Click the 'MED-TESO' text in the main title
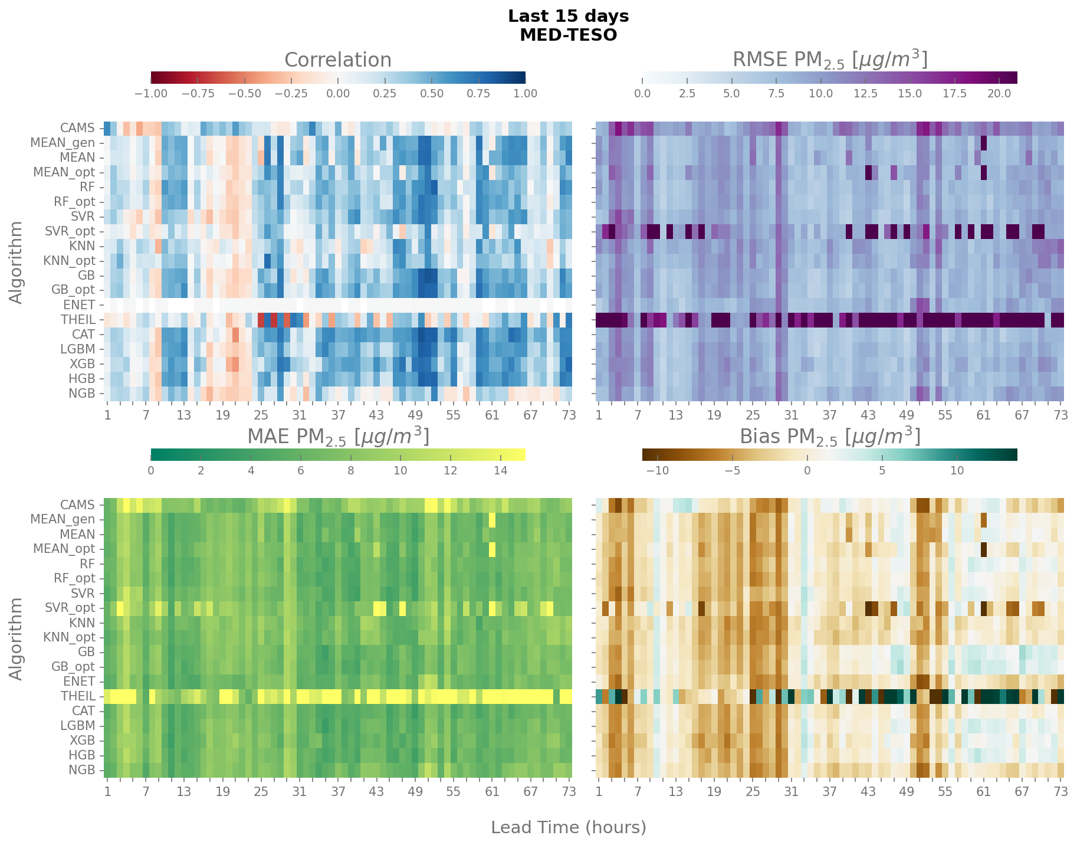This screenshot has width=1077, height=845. (568, 35)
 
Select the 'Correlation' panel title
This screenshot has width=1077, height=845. (337, 60)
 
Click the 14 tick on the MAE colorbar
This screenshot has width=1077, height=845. (500, 470)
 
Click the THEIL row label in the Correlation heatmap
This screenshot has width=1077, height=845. (78, 320)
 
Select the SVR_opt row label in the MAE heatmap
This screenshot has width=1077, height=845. (70, 608)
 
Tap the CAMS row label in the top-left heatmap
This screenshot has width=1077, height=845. (77, 128)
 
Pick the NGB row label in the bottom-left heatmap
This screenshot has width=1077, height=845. (81, 770)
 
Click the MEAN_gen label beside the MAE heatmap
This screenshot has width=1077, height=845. (63, 520)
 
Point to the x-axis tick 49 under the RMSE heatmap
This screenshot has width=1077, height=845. (907, 415)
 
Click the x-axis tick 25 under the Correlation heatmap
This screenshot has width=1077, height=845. (261, 415)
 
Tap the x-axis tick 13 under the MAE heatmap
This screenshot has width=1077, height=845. (183, 791)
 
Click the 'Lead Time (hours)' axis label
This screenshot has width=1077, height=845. (568, 827)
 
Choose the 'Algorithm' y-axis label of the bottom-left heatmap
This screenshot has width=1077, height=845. (17, 638)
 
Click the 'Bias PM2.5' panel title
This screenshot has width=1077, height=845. (830, 437)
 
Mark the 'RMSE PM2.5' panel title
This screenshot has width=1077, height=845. (830, 60)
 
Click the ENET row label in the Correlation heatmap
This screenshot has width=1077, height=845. (79, 305)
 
